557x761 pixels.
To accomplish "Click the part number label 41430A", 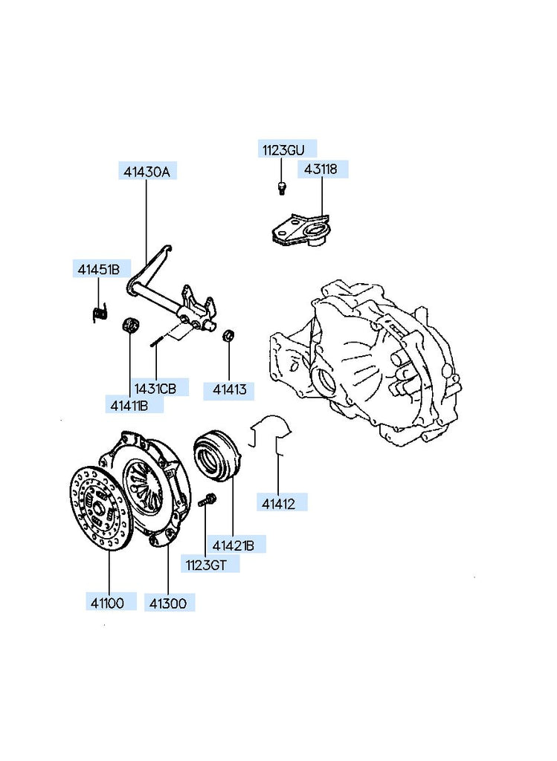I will tap(146, 172).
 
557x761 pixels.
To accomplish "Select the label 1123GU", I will tap(282, 150).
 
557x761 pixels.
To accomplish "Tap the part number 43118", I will tap(321, 169).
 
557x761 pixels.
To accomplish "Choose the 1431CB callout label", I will tap(155, 388).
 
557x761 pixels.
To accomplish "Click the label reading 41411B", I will tap(129, 405).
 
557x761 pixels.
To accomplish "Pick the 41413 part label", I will tap(228, 388).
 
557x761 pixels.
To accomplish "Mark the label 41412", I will tap(278, 503).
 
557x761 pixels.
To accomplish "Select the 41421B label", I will tap(234, 546).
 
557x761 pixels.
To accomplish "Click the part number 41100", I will tap(109, 602).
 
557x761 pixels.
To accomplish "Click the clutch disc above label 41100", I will tap(100, 508).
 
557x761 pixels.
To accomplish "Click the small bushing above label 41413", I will tap(229, 335).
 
